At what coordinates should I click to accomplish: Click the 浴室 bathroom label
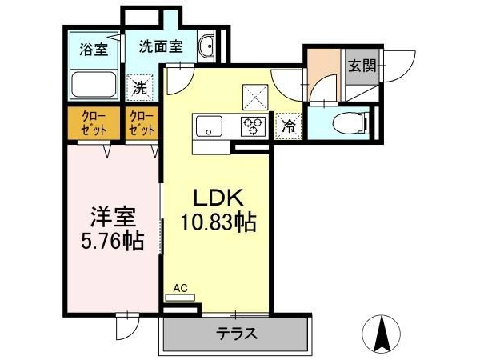pos(94,50)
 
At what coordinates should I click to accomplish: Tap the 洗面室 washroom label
pos(161,47)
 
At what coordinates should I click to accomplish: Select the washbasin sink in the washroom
pos(206,46)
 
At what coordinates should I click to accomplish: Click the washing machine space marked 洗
pos(140,88)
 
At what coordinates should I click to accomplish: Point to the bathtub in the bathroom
pos(94,85)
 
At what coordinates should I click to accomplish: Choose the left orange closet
pos(94,123)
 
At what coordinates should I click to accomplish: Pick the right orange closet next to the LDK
pos(142,123)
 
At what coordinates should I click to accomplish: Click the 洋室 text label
pos(113,218)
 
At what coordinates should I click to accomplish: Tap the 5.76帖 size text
pos(113,241)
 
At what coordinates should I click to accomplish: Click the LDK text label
pos(218,198)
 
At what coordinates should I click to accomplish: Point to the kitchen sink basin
pos(210,126)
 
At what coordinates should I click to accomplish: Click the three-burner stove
pos(253,126)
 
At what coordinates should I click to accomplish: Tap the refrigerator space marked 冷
pos(289,126)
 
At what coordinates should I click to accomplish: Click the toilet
pos(352,123)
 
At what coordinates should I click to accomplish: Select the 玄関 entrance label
pos(362,66)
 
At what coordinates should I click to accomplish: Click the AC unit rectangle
pos(180,298)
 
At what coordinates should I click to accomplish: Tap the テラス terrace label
pos(236,333)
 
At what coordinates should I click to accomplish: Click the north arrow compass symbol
pos(381,334)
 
